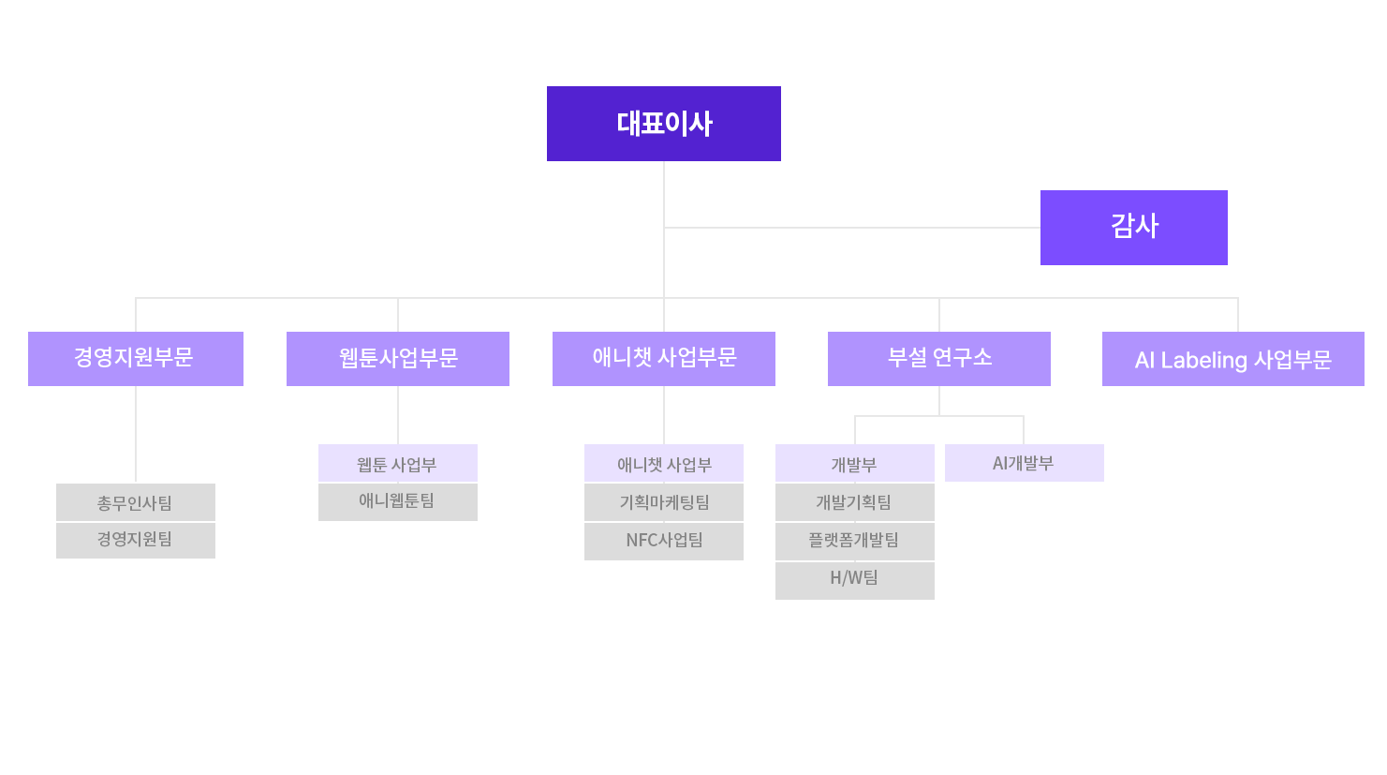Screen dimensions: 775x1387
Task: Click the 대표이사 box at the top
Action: point(663,124)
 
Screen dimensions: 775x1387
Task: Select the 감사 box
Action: point(1133,228)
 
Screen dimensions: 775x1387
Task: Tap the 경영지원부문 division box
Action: point(136,359)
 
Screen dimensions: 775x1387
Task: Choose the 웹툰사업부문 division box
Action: point(398,359)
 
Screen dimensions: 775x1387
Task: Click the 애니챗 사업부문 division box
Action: point(664,359)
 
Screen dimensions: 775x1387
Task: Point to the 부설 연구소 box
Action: point(939,359)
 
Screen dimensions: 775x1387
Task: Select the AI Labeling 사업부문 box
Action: point(1232,359)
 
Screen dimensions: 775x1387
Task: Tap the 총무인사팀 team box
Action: point(136,502)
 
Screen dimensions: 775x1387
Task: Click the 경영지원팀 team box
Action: point(136,540)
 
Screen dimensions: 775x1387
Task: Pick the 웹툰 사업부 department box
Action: point(398,463)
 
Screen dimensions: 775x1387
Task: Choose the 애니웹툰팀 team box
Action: point(398,501)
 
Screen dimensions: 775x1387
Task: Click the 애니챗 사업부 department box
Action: point(664,463)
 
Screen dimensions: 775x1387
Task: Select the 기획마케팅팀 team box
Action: point(664,502)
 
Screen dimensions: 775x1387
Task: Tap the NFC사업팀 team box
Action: point(664,541)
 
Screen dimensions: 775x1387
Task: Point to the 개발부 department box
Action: point(855,463)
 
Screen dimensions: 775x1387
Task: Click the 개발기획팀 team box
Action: point(855,502)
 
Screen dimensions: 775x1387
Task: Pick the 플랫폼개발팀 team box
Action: point(855,541)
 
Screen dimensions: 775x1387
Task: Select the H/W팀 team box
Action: point(855,580)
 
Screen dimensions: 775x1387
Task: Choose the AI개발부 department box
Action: point(1025,463)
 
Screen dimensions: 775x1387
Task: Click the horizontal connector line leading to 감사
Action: point(852,228)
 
